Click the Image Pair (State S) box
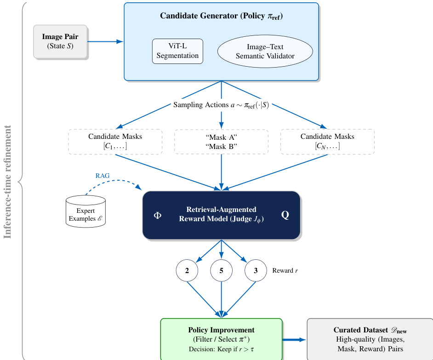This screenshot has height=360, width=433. coord(60,41)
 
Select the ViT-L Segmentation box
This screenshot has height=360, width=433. coord(177,51)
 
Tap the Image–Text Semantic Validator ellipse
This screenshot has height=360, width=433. coord(265,51)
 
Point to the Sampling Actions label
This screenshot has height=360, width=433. coord(221,105)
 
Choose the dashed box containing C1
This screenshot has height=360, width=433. coord(115,142)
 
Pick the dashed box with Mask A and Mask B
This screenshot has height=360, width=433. coord(221,142)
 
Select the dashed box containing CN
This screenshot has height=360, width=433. coord(327,142)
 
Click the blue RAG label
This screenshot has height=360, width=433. coord(103,176)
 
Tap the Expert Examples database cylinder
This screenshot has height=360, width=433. coord(85,211)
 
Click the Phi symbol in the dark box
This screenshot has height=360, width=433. coord(158,215)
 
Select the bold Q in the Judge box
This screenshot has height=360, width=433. coord(285,215)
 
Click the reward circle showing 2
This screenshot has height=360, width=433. coord(187,271)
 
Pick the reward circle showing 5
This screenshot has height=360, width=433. coord(222,271)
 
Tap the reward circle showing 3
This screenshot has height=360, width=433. coord(256,271)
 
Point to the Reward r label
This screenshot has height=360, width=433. coord(285,271)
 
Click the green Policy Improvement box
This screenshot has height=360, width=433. coord(221,339)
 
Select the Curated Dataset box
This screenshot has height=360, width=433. coord(370,339)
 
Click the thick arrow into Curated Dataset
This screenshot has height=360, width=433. coord(294,339)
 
